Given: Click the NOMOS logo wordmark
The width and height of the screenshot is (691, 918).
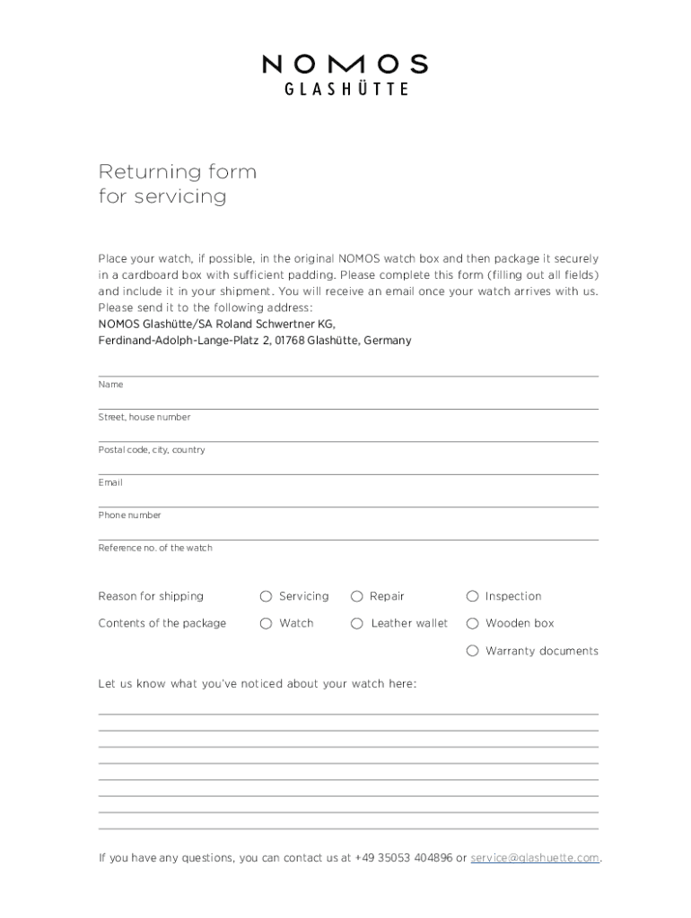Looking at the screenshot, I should pyautogui.click(x=345, y=65).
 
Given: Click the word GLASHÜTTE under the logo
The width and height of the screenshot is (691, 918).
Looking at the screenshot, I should pyautogui.click(x=346, y=90).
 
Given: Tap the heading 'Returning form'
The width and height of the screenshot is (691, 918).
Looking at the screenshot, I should pyautogui.click(x=177, y=171).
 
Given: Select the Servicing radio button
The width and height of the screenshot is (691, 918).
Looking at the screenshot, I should pyautogui.click(x=266, y=596).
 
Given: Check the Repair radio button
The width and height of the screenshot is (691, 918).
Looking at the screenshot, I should pyautogui.click(x=356, y=596).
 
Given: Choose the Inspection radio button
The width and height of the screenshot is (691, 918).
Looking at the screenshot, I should pyautogui.click(x=472, y=596).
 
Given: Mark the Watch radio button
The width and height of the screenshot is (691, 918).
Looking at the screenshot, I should pyautogui.click(x=266, y=623).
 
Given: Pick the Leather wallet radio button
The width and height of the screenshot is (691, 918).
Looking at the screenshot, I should pyautogui.click(x=356, y=623).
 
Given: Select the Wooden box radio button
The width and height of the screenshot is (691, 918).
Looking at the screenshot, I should pyautogui.click(x=472, y=623).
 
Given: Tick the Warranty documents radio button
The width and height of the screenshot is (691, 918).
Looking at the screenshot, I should pyautogui.click(x=472, y=651).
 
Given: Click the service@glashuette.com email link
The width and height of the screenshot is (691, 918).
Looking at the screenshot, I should pyautogui.click(x=535, y=858).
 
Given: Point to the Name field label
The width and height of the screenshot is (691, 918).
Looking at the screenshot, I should pyautogui.click(x=110, y=385).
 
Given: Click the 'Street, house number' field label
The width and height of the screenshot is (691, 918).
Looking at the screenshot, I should pyautogui.click(x=144, y=417).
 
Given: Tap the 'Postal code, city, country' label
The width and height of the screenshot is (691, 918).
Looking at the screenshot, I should pyautogui.click(x=152, y=450).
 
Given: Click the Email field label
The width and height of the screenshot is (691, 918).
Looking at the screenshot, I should pyautogui.click(x=110, y=482).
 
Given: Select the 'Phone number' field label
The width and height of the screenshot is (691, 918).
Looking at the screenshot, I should pyautogui.click(x=130, y=515).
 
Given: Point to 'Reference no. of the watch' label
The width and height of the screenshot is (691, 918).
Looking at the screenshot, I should pyautogui.click(x=155, y=548).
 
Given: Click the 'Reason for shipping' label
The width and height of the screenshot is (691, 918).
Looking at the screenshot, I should pyautogui.click(x=151, y=596).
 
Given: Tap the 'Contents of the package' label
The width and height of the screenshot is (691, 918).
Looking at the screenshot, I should pyautogui.click(x=162, y=623).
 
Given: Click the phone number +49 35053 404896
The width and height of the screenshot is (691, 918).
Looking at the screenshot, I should pyautogui.click(x=404, y=858).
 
